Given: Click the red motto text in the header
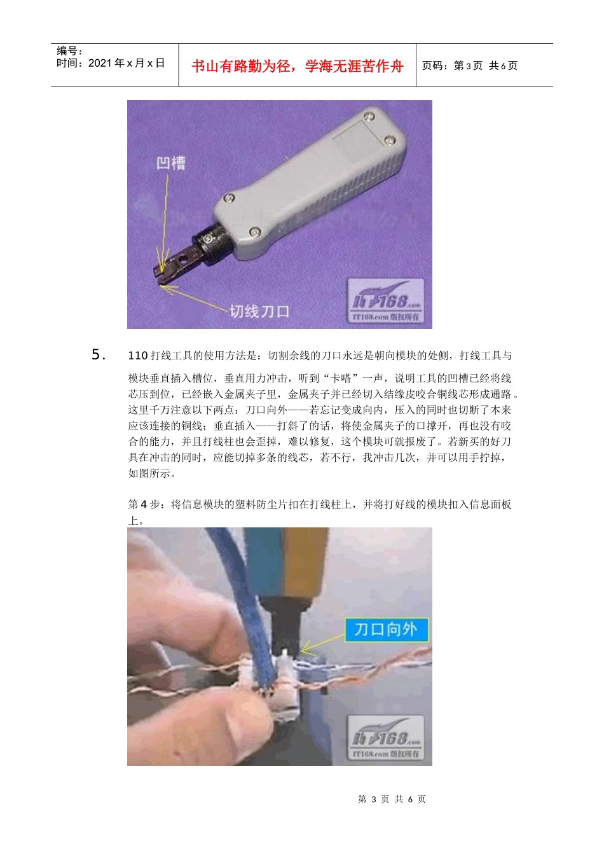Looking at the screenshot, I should (297, 66).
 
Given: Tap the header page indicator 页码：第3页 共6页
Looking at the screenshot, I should (470, 66).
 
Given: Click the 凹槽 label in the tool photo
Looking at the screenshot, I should (171, 163).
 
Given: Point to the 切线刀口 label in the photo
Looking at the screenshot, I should (259, 311).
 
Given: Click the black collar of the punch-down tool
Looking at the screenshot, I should (213, 242).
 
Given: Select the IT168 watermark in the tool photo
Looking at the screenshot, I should (387, 301).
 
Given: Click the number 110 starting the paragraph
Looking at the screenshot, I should (137, 356).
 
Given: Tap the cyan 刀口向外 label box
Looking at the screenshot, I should (386, 629).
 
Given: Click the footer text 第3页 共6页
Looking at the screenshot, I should (392, 799).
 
